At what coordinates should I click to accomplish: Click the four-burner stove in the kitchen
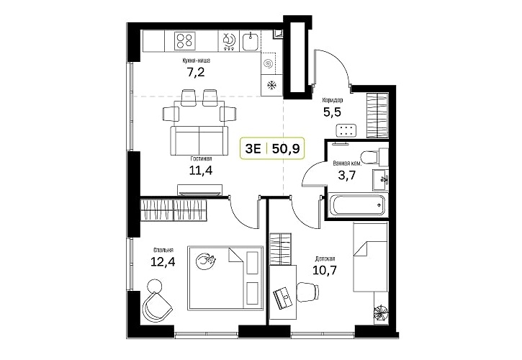click(x=184, y=41)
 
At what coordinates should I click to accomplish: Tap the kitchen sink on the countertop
click(x=249, y=41)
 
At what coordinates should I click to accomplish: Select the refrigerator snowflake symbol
click(x=272, y=86)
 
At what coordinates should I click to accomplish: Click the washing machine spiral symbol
click(x=268, y=63)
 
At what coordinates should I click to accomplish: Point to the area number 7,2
click(x=196, y=71)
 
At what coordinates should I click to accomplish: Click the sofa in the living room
click(x=199, y=140)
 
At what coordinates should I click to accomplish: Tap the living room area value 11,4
click(x=201, y=171)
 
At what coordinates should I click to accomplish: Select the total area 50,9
click(x=286, y=149)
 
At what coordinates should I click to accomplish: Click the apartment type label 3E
click(x=253, y=149)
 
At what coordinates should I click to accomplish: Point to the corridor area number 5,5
click(x=332, y=112)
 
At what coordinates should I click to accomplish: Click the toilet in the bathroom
click(x=374, y=157)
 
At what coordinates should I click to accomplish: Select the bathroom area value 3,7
click(x=347, y=175)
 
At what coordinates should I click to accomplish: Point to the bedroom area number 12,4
click(x=163, y=262)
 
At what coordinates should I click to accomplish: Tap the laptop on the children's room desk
click(x=283, y=297)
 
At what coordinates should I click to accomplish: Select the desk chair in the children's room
click(x=308, y=292)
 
